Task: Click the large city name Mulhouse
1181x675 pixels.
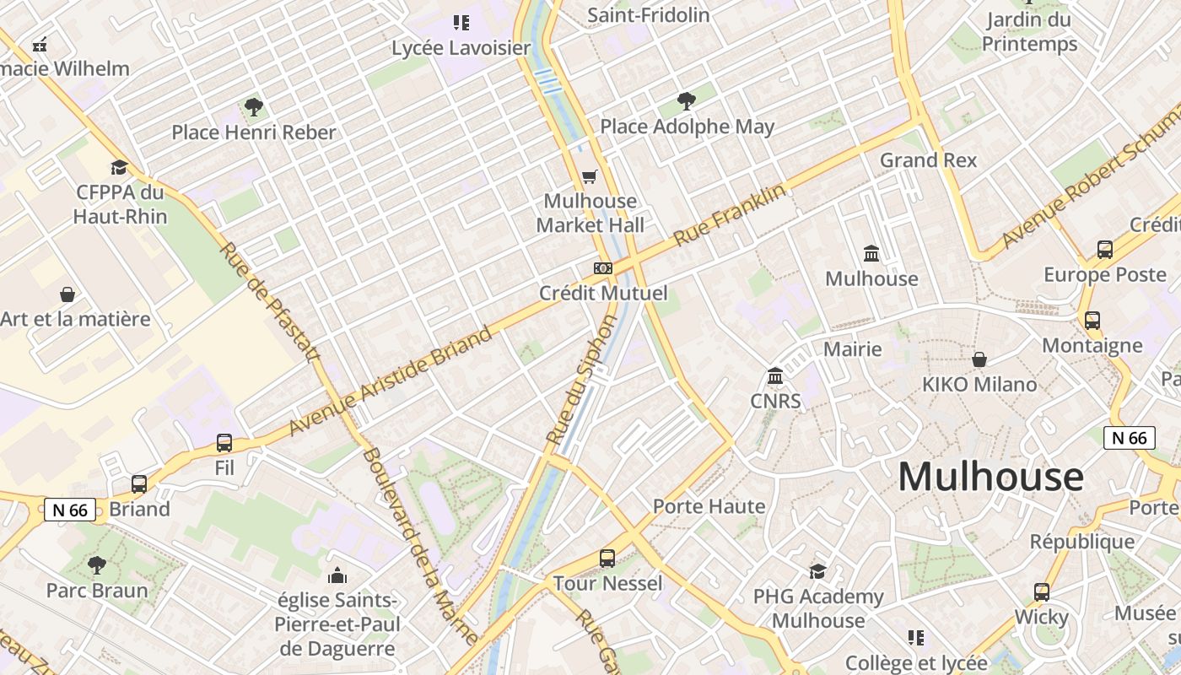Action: (990, 477)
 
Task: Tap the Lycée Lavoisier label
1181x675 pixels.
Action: (461, 48)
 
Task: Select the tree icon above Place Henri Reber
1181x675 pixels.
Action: (253, 107)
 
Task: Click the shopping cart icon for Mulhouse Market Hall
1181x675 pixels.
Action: (590, 176)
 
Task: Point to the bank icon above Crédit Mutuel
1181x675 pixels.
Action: (602, 268)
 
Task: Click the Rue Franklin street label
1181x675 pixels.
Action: (731, 215)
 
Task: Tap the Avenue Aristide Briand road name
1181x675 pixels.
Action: (391, 381)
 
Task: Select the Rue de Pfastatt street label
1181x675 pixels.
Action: (271, 302)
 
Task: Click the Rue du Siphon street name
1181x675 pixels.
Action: (583, 380)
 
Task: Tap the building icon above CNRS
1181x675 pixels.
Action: (775, 375)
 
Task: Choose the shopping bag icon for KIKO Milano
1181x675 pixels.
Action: (979, 359)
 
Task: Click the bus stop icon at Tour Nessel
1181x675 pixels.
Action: (607, 558)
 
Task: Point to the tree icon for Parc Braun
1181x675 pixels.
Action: (97, 564)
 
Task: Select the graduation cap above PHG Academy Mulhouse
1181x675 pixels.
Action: (817, 571)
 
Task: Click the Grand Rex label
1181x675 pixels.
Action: (928, 160)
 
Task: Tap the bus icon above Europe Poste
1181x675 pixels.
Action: (1104, 250)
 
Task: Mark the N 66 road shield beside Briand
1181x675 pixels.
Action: (70, 510)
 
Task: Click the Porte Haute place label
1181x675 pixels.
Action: (709, 506)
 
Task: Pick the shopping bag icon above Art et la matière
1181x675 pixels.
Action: (67, 294)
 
